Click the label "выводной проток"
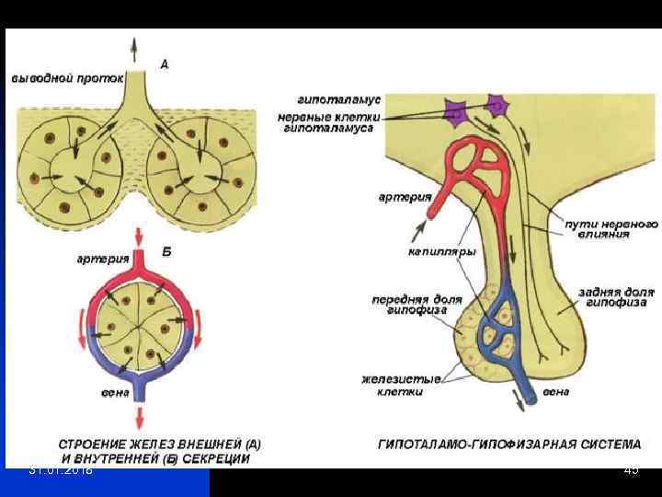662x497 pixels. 67,78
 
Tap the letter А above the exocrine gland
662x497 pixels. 164,64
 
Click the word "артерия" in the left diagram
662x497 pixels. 102,259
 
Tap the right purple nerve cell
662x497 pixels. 496,104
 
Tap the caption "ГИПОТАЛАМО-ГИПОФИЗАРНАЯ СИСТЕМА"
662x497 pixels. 509,444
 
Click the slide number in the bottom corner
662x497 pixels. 631,471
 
